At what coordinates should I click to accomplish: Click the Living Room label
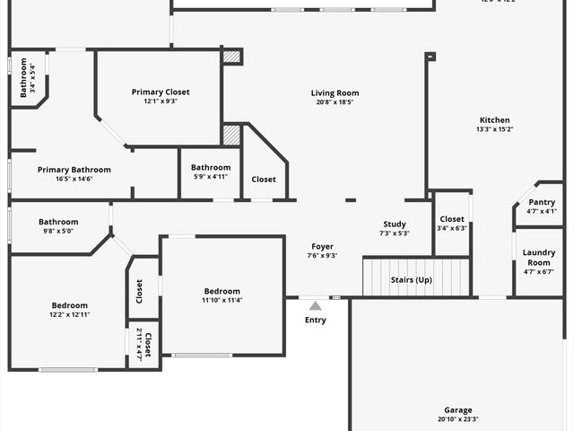pos(335,93)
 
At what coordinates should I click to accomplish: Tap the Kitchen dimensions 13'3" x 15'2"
pos(494,129)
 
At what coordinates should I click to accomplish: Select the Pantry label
pos(542,202)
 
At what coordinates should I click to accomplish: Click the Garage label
pos(458,410)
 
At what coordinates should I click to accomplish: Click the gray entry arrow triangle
pos(315,306)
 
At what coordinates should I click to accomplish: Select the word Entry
pos(316,320)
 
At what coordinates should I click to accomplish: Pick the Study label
pos(395,224)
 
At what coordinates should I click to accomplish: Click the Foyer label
pos(323,247)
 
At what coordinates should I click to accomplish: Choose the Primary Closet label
pos(161,92)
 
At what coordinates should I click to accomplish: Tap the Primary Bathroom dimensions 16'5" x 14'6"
pos(74,179)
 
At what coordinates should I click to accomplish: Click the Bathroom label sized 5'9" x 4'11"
pos(211,167)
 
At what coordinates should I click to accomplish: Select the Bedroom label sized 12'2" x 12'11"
pos(69,305)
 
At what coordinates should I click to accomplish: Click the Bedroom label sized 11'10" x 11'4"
pos(222,291)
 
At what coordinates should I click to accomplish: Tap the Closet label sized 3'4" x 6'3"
pos(452,219)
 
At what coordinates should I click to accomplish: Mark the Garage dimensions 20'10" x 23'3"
pos(458,419)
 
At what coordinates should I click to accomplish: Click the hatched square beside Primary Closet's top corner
pos(232,57)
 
